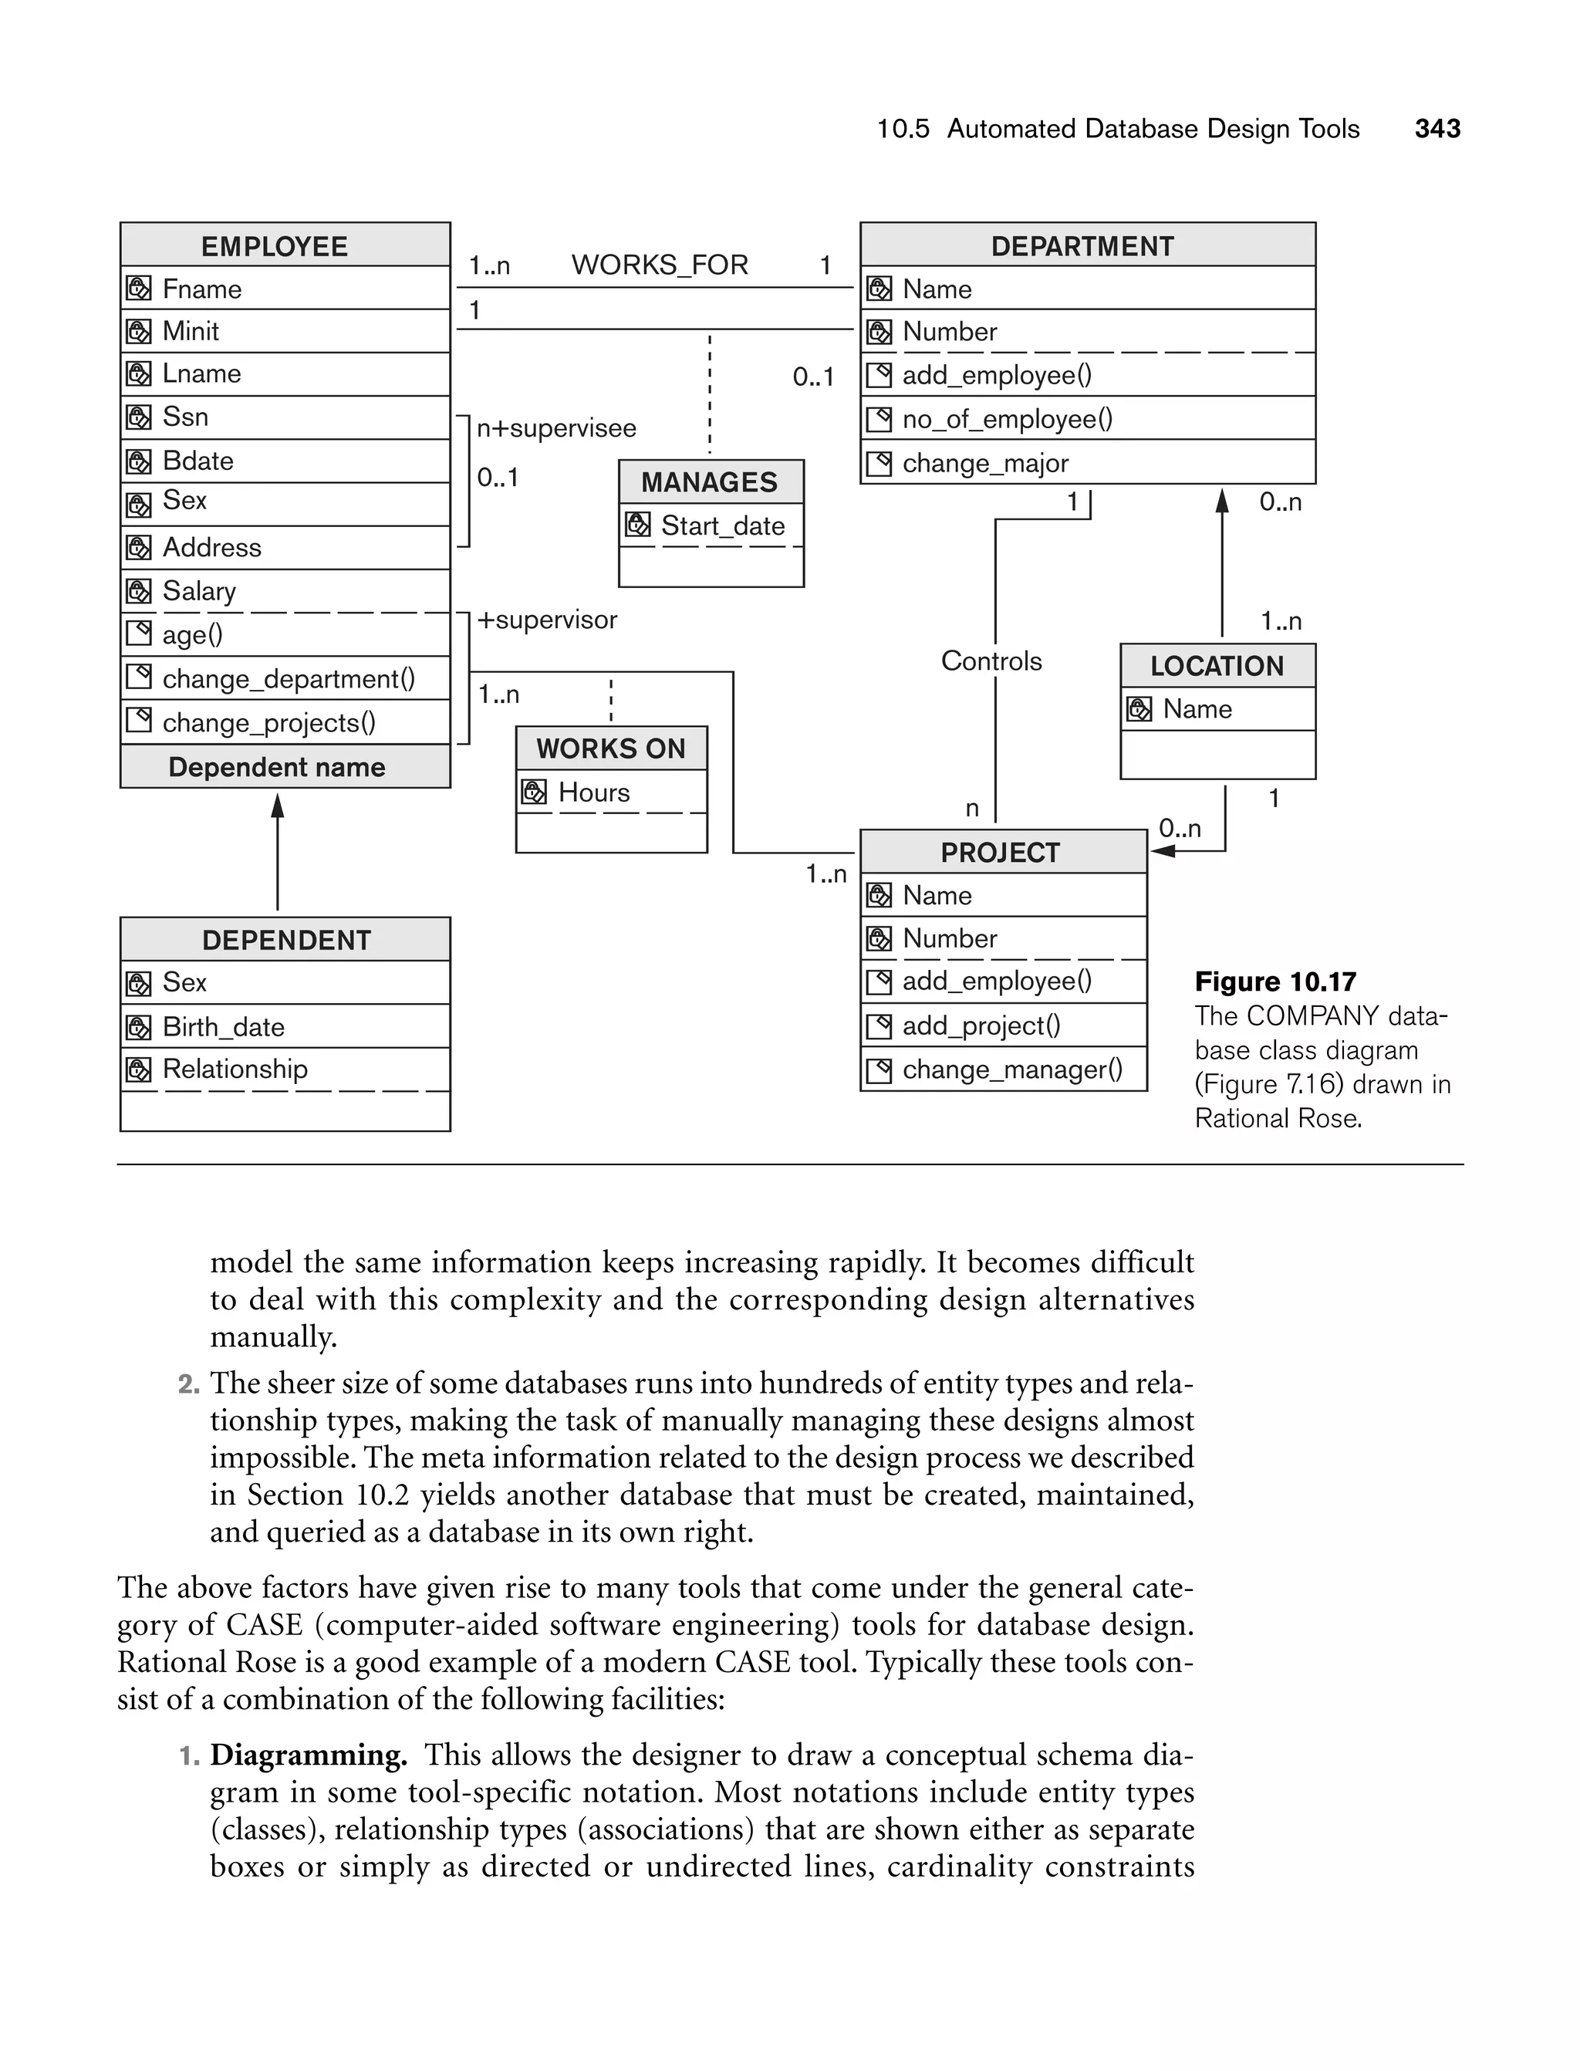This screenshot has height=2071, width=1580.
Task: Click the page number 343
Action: point(1437,129)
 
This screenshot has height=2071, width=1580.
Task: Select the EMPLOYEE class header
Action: point(275,246)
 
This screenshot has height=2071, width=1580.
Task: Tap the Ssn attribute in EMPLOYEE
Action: point(185,417)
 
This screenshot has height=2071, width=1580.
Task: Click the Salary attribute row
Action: point(198,590)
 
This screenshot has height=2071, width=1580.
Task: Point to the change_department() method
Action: point(288,679)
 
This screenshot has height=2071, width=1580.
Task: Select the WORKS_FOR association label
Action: point(660,265)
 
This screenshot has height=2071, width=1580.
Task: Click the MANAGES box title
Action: point(709,482)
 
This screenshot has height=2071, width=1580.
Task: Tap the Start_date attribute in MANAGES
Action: point(722,525)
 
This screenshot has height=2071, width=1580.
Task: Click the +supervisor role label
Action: point(546,620)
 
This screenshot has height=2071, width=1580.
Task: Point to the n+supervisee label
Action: point(555,428)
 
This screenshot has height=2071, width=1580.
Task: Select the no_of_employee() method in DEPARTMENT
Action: point(1006,418)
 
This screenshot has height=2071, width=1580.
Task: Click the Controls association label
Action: point(991,661)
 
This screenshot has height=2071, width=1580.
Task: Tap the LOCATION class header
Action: point(1216,666)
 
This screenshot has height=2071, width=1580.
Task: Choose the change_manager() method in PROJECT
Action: point(1012,1069)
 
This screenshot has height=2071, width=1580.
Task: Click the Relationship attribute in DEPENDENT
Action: point(235,1069)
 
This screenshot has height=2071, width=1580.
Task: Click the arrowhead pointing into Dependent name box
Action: point(278,805)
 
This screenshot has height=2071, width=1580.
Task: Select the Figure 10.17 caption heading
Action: point(1274,982)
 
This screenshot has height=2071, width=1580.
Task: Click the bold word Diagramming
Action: point(309,1755)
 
